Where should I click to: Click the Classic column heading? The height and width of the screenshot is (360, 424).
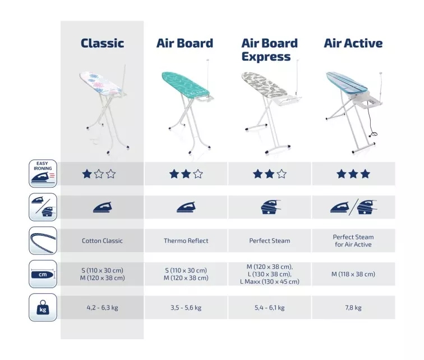[x=102, y=43]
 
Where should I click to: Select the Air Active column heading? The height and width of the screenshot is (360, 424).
[x=353, y=43]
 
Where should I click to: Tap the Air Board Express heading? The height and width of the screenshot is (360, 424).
[x=269, y=50]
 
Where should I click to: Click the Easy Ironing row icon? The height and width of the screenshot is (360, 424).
[x=43, y=174]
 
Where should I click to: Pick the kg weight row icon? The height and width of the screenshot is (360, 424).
[x=43, y=307]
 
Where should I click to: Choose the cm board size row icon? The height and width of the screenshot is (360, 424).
[x=43, y=274]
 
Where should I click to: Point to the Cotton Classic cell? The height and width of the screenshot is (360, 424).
[x=102, y=240]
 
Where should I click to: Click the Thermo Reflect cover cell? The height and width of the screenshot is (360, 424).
[x=186, y=240]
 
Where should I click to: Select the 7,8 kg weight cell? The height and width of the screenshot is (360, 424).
[x=353, y=307]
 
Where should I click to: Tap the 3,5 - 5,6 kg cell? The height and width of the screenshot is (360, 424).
[x=186, y=307]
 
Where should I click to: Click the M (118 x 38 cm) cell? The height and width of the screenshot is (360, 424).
[x=353, y=274]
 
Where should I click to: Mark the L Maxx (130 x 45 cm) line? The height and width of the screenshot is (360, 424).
[x=270, y=281]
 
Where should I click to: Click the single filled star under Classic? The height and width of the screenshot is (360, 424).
[x=87, y=174]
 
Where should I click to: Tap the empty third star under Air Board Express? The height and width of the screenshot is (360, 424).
[x=282, y=174]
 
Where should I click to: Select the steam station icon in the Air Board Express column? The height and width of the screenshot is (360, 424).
[x=270, y=207]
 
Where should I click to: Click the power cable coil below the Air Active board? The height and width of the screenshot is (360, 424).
[x=374, y=134]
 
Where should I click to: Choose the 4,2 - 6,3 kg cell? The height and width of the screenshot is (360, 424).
[x=102, y=307]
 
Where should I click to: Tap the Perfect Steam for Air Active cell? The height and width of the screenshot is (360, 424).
[x=353, y=240]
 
